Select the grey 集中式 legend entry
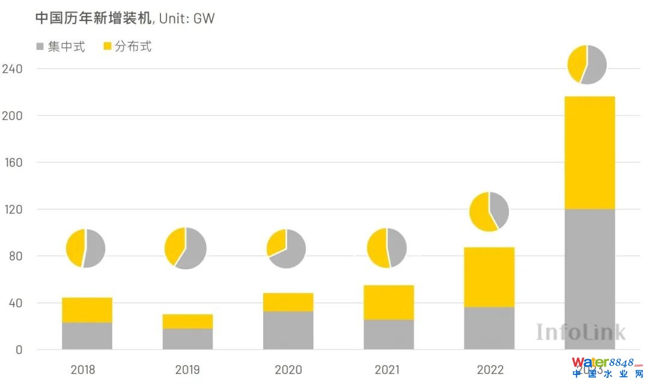coord(60,46)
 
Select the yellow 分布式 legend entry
coord(127,46)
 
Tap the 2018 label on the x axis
coord(83,370)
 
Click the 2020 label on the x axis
coord(288,370)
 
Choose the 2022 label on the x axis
coord(489,370)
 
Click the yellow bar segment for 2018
coord(87,310)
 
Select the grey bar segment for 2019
coord(187,339)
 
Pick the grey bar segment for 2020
coord(288,330)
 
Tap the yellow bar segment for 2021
coord(389,302)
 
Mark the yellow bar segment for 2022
coord(489,277)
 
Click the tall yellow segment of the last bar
coord(590,153)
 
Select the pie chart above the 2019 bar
coord(186,248)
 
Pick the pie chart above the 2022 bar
coord(489,211)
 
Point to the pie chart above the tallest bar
coord(587,64)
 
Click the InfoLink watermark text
coord(580,332)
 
